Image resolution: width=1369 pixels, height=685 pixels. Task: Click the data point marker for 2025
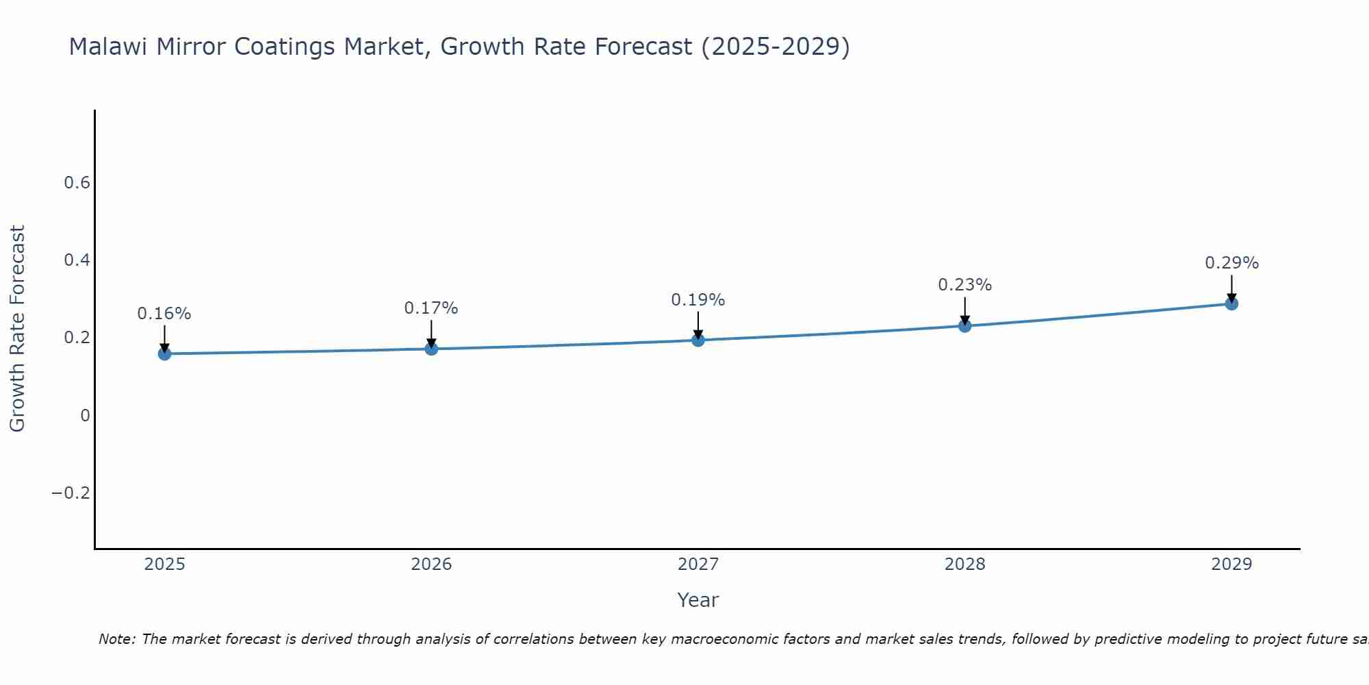(164, 353)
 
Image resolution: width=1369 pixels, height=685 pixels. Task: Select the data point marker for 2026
(431, 349)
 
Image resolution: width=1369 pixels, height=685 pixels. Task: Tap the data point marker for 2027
(698, 340)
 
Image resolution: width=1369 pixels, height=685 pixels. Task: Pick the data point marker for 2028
(964, 325)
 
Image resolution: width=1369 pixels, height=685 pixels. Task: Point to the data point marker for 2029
(1231, 303)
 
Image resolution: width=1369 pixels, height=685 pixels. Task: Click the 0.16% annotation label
(164, 314)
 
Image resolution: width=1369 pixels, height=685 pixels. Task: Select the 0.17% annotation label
(431, 308)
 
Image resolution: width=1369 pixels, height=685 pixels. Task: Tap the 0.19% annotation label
(698, 300)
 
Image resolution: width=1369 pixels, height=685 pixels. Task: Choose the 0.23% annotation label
(964, 285)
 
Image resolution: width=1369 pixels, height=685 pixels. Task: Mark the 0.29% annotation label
(1231, 263)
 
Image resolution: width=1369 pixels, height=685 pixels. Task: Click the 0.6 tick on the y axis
(77, 183)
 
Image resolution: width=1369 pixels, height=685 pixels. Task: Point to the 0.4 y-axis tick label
(77, 260)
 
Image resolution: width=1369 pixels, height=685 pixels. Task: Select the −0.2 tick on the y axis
(71, 493)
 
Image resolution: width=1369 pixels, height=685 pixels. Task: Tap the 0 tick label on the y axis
(85, 416)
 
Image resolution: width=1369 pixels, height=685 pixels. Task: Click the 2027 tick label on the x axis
(698, 564)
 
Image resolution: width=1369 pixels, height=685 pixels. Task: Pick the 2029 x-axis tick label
(1231, 564)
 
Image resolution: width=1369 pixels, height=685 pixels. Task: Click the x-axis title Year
(698, 600)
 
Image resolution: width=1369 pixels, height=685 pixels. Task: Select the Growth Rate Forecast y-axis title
(17, 329)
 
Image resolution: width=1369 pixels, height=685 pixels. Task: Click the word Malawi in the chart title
(110, 47)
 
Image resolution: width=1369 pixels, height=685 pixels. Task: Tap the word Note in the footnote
(116, 639)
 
